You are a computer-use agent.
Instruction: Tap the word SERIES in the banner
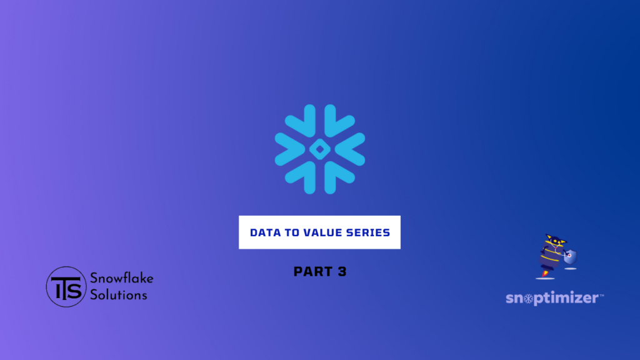pos(368,232)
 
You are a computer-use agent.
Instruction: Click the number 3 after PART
pos(342,271)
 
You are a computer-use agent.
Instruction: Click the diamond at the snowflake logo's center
pos(320,149)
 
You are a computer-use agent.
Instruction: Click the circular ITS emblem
pos(66,286)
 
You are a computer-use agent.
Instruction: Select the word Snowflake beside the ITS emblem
pos(122,278)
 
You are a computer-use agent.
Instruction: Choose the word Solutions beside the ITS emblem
pos(118,295)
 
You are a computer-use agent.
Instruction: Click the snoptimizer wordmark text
pos(552,298)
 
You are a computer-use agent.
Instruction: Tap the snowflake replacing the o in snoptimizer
pos(529,299)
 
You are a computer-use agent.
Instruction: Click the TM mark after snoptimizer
pos(602,295)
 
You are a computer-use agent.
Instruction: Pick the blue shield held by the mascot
pos(570,257)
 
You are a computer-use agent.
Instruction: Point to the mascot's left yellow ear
pos(549,237)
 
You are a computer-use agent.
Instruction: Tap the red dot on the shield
pos(569,256)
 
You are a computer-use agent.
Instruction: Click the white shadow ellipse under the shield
pos(570,269)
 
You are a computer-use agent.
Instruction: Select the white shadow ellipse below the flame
pos(545,278)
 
